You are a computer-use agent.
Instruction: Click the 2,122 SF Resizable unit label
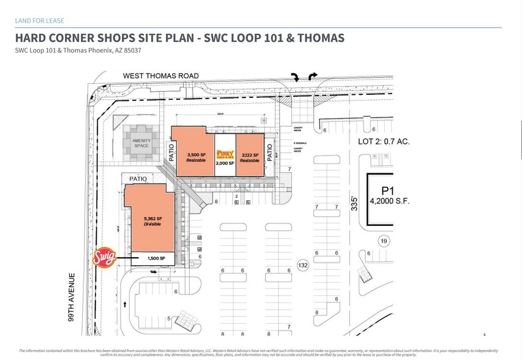pos(250,158)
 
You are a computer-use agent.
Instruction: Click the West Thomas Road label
pos(160,76)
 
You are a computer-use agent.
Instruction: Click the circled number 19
pos(384,240)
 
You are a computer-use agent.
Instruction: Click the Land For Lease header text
pos(40,21)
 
